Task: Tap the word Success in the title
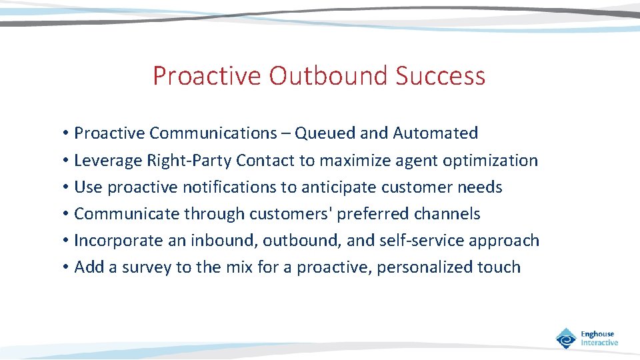(x=441, y=76)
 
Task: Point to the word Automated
(x=435, y=133)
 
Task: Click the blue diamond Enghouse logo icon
(x=566, y=339)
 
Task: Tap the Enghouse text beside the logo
(x=598, y=334)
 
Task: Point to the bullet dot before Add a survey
(x=67, y=267)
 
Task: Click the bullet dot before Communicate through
(x=67, y=214)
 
